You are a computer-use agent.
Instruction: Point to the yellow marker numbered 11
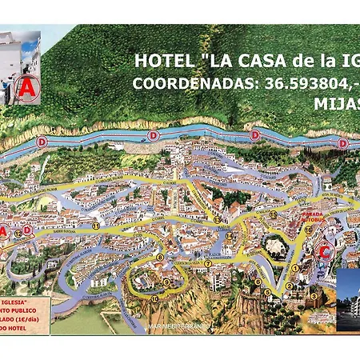(x=95, y=226)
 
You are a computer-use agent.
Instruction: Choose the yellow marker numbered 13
(x=217, y=218)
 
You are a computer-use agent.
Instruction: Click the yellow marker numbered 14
(x=228, y=236)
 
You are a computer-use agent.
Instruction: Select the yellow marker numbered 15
(x=273, y=214)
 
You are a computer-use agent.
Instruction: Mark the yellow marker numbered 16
(x=307, y=230)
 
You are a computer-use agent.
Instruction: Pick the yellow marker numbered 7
(x=207, y=263)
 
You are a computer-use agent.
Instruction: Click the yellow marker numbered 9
(x=167, y=282)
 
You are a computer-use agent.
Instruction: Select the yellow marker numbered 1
(x=295, y=269)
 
